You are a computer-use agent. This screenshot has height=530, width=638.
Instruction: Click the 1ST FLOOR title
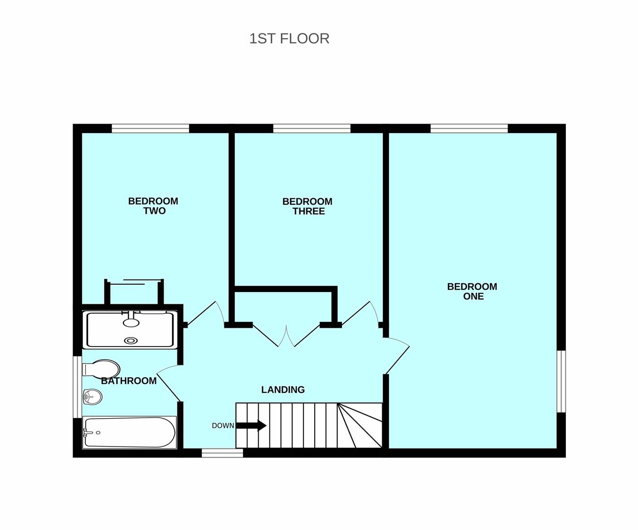coord(290,39)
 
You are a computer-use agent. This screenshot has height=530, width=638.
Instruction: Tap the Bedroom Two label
coord(153,206)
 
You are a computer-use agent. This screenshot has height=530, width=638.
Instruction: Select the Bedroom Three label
coord(307,206)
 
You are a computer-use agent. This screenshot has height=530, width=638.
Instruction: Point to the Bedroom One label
coord(472,291)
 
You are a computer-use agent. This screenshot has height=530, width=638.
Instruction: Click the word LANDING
coord(283,390)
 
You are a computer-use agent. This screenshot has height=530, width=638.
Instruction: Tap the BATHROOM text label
coord(129,381)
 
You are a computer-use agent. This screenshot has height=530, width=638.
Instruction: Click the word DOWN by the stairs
coord(223,425)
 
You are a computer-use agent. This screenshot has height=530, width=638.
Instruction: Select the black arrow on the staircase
coord(251,425)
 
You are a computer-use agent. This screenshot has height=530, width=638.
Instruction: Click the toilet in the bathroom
coord(101,369)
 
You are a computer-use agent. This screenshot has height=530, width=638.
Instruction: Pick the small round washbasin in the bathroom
coord(92,397)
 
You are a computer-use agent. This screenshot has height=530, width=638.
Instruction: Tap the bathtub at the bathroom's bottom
coord(129,432)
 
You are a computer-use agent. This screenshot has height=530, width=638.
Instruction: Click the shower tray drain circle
coord(131,341)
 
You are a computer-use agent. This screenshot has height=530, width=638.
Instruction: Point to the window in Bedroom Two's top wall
coord(150,129)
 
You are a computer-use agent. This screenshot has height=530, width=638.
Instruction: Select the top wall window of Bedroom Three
coord(312,129)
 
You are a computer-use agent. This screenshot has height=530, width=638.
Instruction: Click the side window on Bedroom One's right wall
coord(561,381)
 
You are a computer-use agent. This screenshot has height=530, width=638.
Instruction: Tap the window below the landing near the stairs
coord(222,453)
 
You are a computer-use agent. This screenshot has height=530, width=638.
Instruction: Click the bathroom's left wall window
coord(77,387)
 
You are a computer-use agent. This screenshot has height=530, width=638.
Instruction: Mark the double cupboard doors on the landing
coord(286,336)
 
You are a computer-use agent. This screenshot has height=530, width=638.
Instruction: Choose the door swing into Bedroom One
coord(396,356)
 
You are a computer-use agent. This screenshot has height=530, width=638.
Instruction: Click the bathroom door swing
coord(169,383)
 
